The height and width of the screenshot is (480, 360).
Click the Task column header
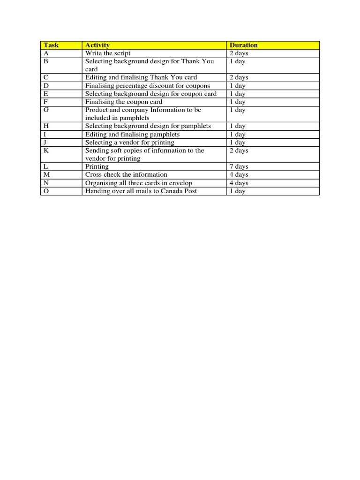pyautogui.click(x=51, y=45)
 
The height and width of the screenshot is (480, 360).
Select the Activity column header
pyautogui.click(x=97, y=45)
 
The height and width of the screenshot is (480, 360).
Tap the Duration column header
pyautogui.click(x=244, y=45)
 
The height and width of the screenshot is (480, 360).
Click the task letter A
pyautogui.click(x=46, y=53)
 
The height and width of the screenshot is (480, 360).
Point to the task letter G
pyautogui.click(x=46, y=110)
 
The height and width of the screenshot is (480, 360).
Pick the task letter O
pyautogui.click(x=46, y=191)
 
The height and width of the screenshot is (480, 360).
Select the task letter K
pyautogui.click(x=46, y=150)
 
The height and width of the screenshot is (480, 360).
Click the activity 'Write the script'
pyautogui.click(x=108, y=53)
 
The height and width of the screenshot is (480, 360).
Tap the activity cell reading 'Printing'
pyautogui.click(x=97, y=167)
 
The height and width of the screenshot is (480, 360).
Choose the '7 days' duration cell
pyautogui.click(x=239, y=167)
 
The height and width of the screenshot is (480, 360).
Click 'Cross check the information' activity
pyautogui.click(x=126, y=175)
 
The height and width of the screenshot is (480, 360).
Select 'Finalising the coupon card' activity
pyautogui.click(x=124, y=102)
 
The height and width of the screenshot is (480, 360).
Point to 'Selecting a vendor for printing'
pyautogui.click(x=130, y=142)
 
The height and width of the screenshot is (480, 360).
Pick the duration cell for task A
pyautogui.click(x=239, y=53)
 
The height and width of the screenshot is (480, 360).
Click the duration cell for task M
pyautogui.click(x=239, y=175)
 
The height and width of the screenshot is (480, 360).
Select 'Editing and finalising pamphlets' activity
pyautogui.click(x=133, y=135)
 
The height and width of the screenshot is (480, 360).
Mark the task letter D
pyautogui.click(x=46, y=86)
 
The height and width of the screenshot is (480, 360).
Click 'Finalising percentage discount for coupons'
pyautogui.click(x=148, y=86)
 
